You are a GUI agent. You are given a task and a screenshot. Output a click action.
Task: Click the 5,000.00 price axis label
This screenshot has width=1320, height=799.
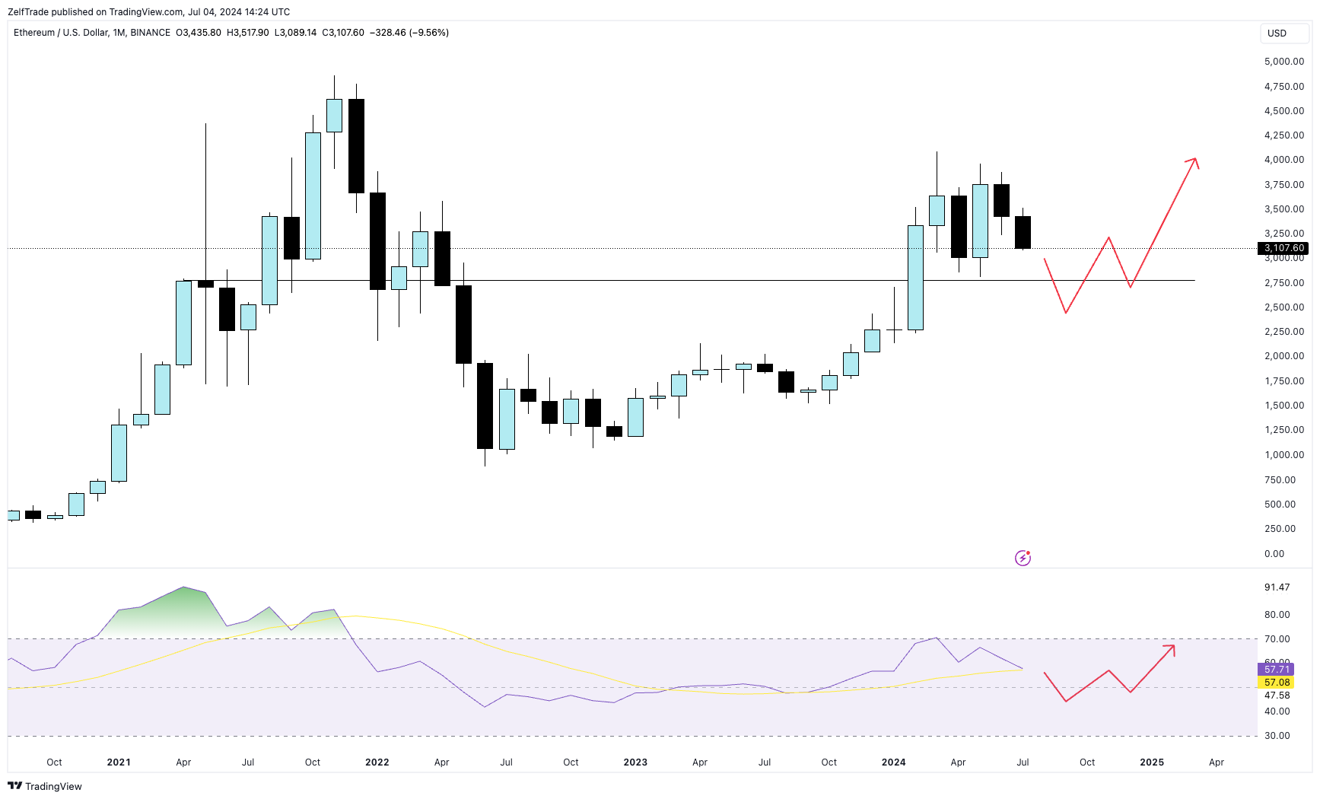[x=1283, y=62]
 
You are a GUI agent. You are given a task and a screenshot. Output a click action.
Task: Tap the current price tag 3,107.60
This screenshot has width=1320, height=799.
[x=1284, y=248]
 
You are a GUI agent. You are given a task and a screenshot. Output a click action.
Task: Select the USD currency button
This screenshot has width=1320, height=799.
[x=1277, y=33]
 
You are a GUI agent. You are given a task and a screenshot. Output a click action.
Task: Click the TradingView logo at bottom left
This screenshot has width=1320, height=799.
[x=45, y=786]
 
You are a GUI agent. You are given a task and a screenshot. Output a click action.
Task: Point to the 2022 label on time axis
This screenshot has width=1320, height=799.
[x=377, y=762]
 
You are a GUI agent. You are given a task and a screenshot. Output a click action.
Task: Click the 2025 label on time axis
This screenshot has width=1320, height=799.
[x=1151, y=762]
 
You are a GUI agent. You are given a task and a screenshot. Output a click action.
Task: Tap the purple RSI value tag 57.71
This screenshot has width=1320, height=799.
[x=1277, y=670]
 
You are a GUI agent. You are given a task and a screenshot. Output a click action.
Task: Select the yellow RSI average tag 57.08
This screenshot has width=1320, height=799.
[x=1277, y=683]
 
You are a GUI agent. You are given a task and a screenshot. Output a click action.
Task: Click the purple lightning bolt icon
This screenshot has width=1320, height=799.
[x=1023, y=559]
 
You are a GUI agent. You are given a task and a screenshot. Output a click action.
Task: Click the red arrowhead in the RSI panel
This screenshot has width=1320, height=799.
[x=1170, y=649]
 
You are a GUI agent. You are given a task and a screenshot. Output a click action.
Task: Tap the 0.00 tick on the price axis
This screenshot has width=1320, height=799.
[x=1274, y=554]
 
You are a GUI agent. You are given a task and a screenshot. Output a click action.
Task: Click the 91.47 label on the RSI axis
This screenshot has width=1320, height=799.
[x=1277, y=587]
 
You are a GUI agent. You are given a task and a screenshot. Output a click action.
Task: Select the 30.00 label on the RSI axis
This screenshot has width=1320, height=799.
[x=1277, y=736]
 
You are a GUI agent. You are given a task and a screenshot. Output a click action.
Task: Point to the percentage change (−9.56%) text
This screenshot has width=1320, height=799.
[x=429, y=33]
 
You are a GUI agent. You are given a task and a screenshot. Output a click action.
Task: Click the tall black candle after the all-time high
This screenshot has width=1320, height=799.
[x=356, y=145]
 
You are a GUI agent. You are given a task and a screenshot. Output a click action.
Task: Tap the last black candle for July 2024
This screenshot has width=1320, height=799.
[x=1023, y=232]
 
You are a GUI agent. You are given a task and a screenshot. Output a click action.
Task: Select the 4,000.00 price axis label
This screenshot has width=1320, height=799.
[x=1283, y=160]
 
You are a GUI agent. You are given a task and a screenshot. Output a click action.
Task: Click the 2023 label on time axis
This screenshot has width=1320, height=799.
[x=635, y=762]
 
